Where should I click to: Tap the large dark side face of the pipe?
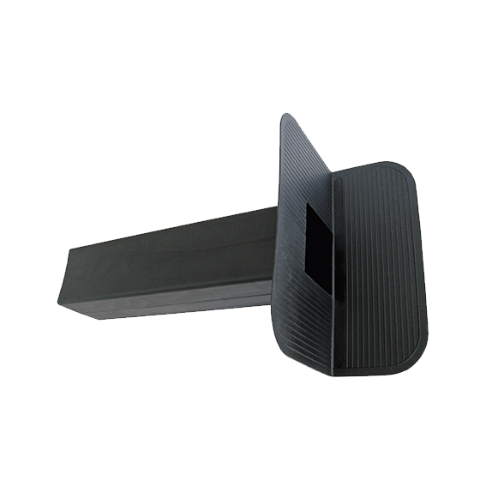click(x=171, y=257)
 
